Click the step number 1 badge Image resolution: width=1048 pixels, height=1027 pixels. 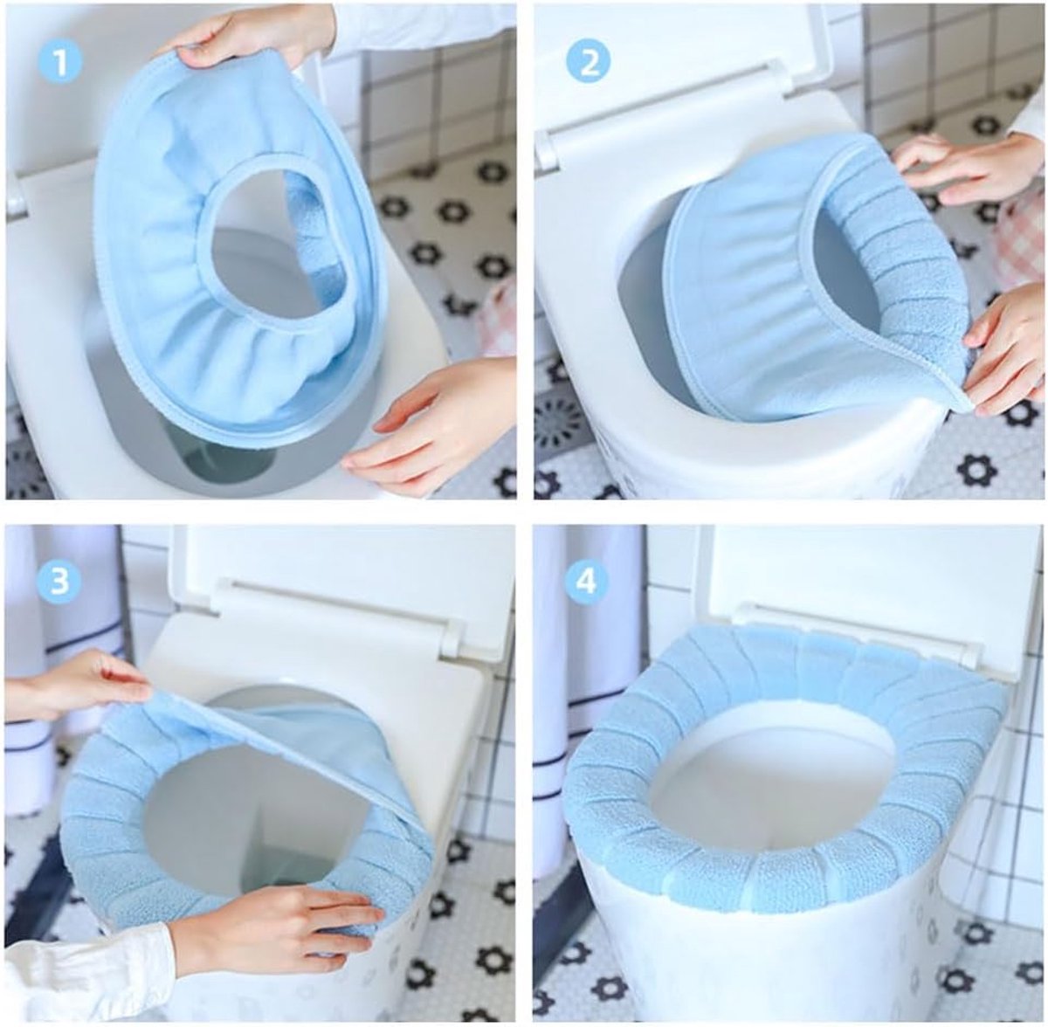click(60, 64)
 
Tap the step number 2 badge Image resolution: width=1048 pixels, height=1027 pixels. click(589, 64)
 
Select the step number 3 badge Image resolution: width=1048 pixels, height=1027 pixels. click(60, 581)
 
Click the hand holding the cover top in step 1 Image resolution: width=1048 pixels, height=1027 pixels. click(245, 32)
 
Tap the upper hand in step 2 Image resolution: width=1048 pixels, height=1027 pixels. click(968, 169)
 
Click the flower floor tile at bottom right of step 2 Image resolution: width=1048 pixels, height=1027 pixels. click(979, 471)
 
